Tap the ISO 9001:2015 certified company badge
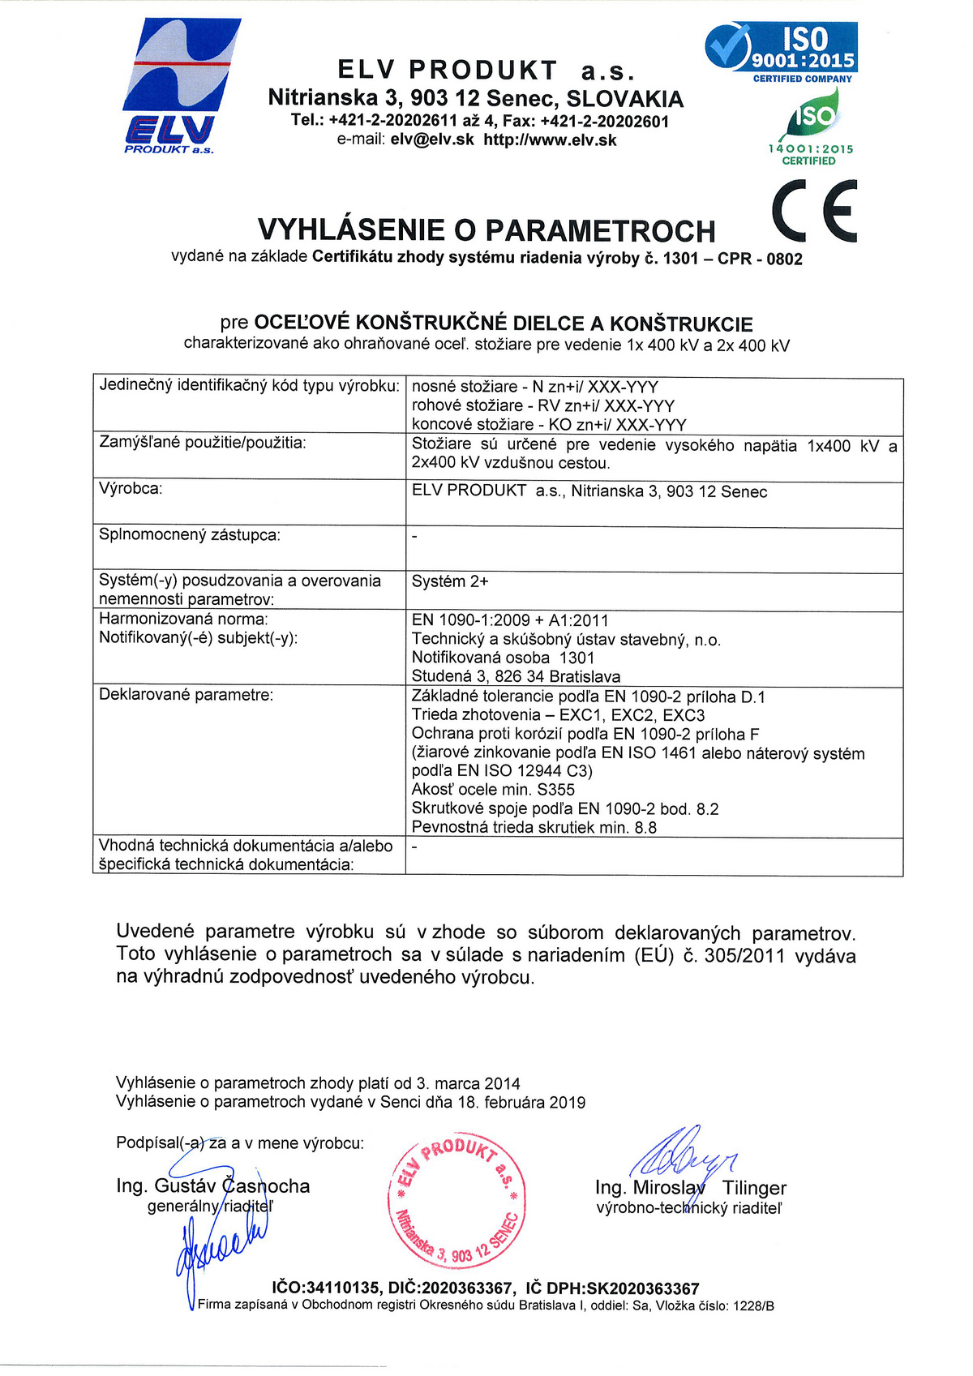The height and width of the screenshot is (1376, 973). pyautogui.click(x=781, y=52)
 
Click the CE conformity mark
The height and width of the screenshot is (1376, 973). pyautogui.click(x=814, y=211)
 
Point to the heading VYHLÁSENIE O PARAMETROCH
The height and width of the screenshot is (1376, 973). pyautogui.click(x=486, y=231)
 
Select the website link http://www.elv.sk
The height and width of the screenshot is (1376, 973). pyautogui.click(x=550, y=140)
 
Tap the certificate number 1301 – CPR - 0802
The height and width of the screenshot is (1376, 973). pyautogui.click(x=732, y=259)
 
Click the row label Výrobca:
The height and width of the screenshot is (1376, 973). pyautogui.click(x=131, y=489)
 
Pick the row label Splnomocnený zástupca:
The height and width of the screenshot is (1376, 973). pyautogui.click(x=190, y=535)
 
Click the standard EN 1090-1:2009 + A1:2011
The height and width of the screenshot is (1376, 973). pyautogui.click(x=510, y=621)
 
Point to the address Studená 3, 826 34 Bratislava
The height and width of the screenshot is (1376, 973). pyautogui.click(x=516, y=677)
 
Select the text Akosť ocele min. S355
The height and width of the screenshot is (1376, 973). pyautogui.click(x=493, y=790)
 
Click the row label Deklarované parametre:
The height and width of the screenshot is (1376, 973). pyautogui.click(x=186, y=695)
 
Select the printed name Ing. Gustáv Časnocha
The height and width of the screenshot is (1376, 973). pyautogui.click(x=212, y=1186)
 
